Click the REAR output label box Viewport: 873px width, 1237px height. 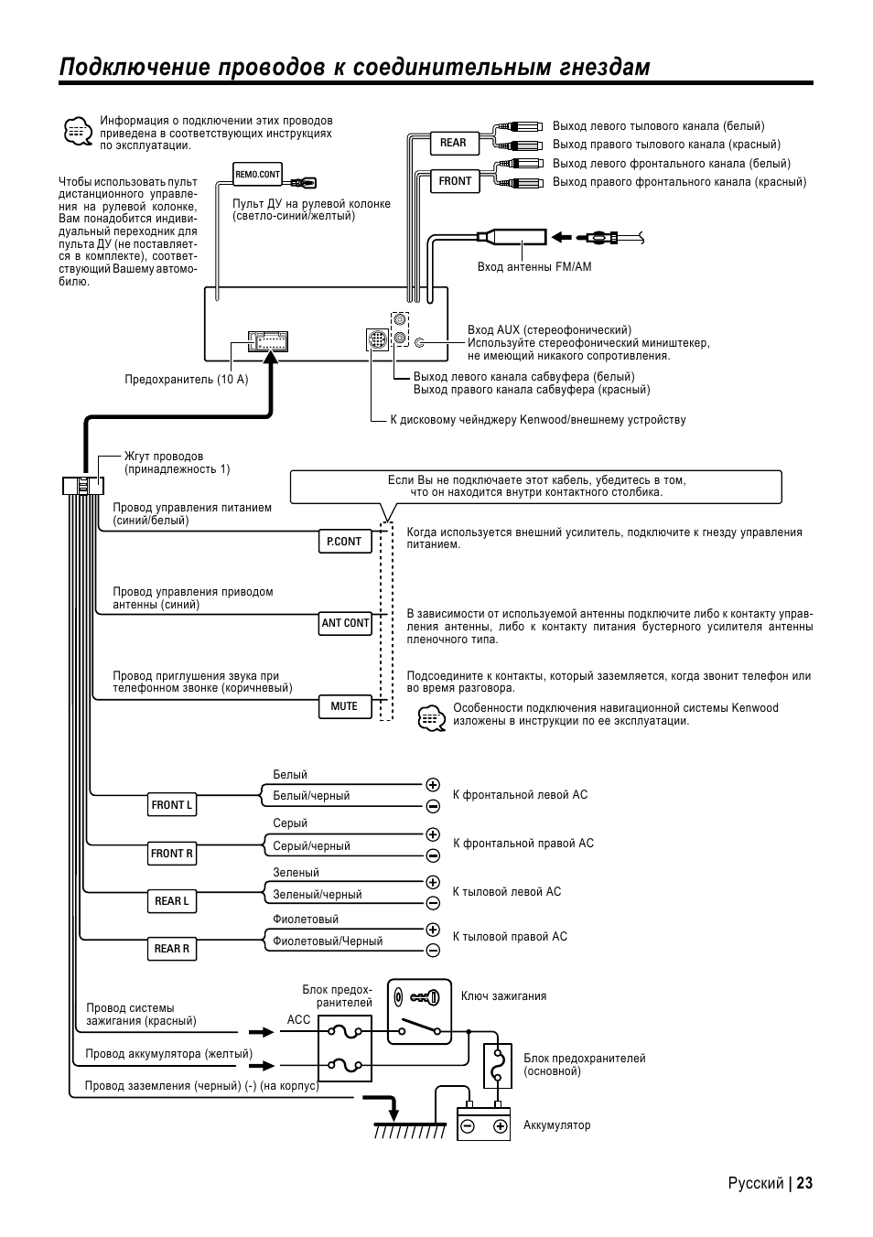pos(453,143)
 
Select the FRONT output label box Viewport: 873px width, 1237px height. pos(455,181)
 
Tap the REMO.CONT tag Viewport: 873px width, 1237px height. pos(258,174)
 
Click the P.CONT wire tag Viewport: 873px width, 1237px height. pos(344,542)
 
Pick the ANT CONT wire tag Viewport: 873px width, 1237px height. pos(345,623)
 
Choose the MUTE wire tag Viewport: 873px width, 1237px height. pos(344,706)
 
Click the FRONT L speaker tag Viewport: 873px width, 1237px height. pos(172,805)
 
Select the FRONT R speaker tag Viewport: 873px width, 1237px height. pos(172,854)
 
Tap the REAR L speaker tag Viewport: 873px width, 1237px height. pos(172,901)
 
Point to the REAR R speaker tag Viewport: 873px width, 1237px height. pos(172,949)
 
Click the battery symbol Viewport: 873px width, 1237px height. pos(483,1124)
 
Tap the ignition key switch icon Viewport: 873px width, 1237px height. pos(419,1011)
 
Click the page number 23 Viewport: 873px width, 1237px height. pos(803,1183)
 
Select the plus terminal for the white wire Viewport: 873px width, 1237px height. pos(433,785)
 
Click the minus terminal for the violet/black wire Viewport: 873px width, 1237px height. pos(433,950)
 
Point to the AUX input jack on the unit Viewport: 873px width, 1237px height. pos(420,342)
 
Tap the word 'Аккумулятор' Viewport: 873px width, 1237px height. pos(556,1125)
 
